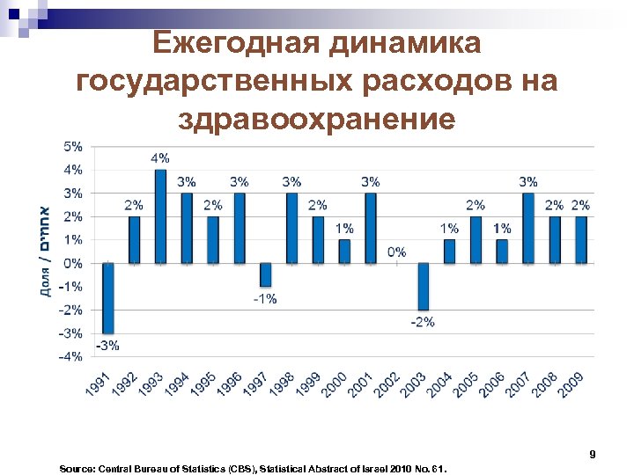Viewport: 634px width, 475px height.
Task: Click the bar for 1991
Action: (108, 297)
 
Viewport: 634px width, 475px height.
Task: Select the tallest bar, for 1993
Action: (160, 216)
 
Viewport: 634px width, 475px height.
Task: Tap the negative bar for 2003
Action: (423, 286)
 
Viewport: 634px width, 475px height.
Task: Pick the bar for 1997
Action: (265, 274)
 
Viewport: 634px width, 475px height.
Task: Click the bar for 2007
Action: (527, 228)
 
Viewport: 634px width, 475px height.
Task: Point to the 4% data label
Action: (160, 158)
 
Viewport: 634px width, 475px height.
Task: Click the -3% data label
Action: (107, 345)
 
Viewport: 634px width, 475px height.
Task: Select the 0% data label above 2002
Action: (397, 252)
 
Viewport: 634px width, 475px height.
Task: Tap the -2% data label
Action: (423, 322)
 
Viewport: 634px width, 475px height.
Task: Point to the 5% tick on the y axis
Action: (73, 146)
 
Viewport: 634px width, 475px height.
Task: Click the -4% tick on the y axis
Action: (71, 356)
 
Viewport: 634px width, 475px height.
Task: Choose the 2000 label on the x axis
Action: (335, 385)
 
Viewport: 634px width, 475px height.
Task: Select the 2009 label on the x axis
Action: (572, 385)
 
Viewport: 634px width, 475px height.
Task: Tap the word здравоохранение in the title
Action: (317, 118)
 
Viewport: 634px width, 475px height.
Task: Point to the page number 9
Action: (593, 455)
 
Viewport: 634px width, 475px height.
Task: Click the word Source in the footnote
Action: (77, 470)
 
